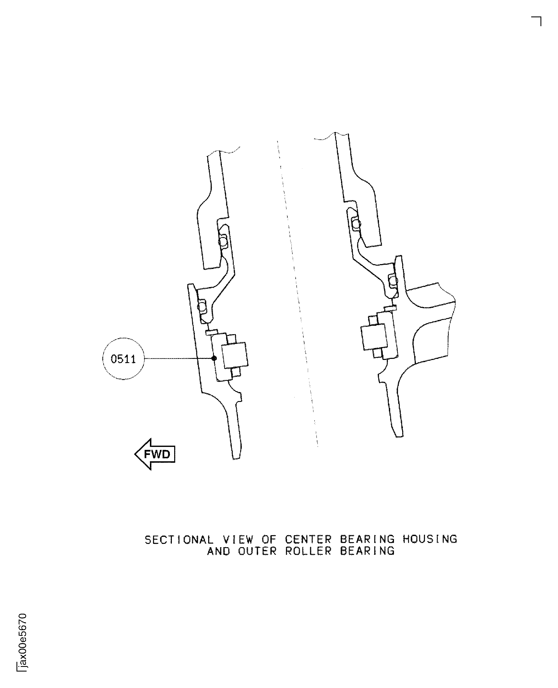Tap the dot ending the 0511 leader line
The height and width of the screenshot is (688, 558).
click(x=214, y=358)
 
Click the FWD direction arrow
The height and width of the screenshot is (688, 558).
click(x=155, y=454)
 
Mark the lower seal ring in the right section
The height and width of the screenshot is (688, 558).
click(x=393, y=281)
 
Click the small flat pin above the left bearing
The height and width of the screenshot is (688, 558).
click(x=212, y=332)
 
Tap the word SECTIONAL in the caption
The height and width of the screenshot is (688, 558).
click(x=179, y=540)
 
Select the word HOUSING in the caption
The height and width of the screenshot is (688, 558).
click(x=430, y=539)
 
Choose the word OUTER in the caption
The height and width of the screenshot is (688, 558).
click(x=257, y=551)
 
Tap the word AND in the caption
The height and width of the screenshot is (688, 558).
click(x=219, y=551)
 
